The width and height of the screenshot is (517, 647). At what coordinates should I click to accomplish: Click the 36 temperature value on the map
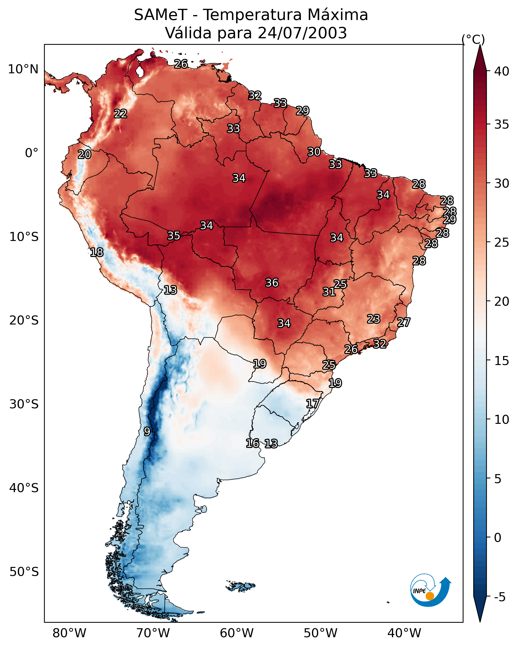click(272, 283)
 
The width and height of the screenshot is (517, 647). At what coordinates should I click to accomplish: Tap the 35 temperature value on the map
click(174, 236)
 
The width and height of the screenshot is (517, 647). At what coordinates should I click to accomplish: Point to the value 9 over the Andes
click(147, 431)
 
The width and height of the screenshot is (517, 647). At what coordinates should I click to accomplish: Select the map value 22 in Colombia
click(121, 114)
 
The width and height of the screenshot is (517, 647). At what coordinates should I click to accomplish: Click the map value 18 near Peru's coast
click(97, 252)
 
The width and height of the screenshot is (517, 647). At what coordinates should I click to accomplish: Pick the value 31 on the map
click(329, 292)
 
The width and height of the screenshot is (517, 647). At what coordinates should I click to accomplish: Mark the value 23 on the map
click(374, 319)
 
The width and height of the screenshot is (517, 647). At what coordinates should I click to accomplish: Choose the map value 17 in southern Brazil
click(312, 403)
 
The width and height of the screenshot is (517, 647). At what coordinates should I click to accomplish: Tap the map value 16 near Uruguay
click(252, 443)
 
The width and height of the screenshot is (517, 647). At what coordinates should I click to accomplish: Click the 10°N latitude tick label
click(23, 69)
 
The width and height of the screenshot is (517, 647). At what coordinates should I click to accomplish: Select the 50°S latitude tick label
click(24, 572)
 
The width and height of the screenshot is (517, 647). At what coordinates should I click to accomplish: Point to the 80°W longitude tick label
click(69, 633)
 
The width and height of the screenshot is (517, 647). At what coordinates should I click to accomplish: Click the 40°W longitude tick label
click(404, 633)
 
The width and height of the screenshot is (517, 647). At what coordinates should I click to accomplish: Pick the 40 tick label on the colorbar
click(502, 71)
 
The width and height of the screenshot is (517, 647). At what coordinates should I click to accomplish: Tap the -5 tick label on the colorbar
click(499, 597)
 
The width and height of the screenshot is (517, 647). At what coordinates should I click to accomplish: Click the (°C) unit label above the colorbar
click(473, 39)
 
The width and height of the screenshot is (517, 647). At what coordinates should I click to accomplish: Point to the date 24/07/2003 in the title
click(302, 33)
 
